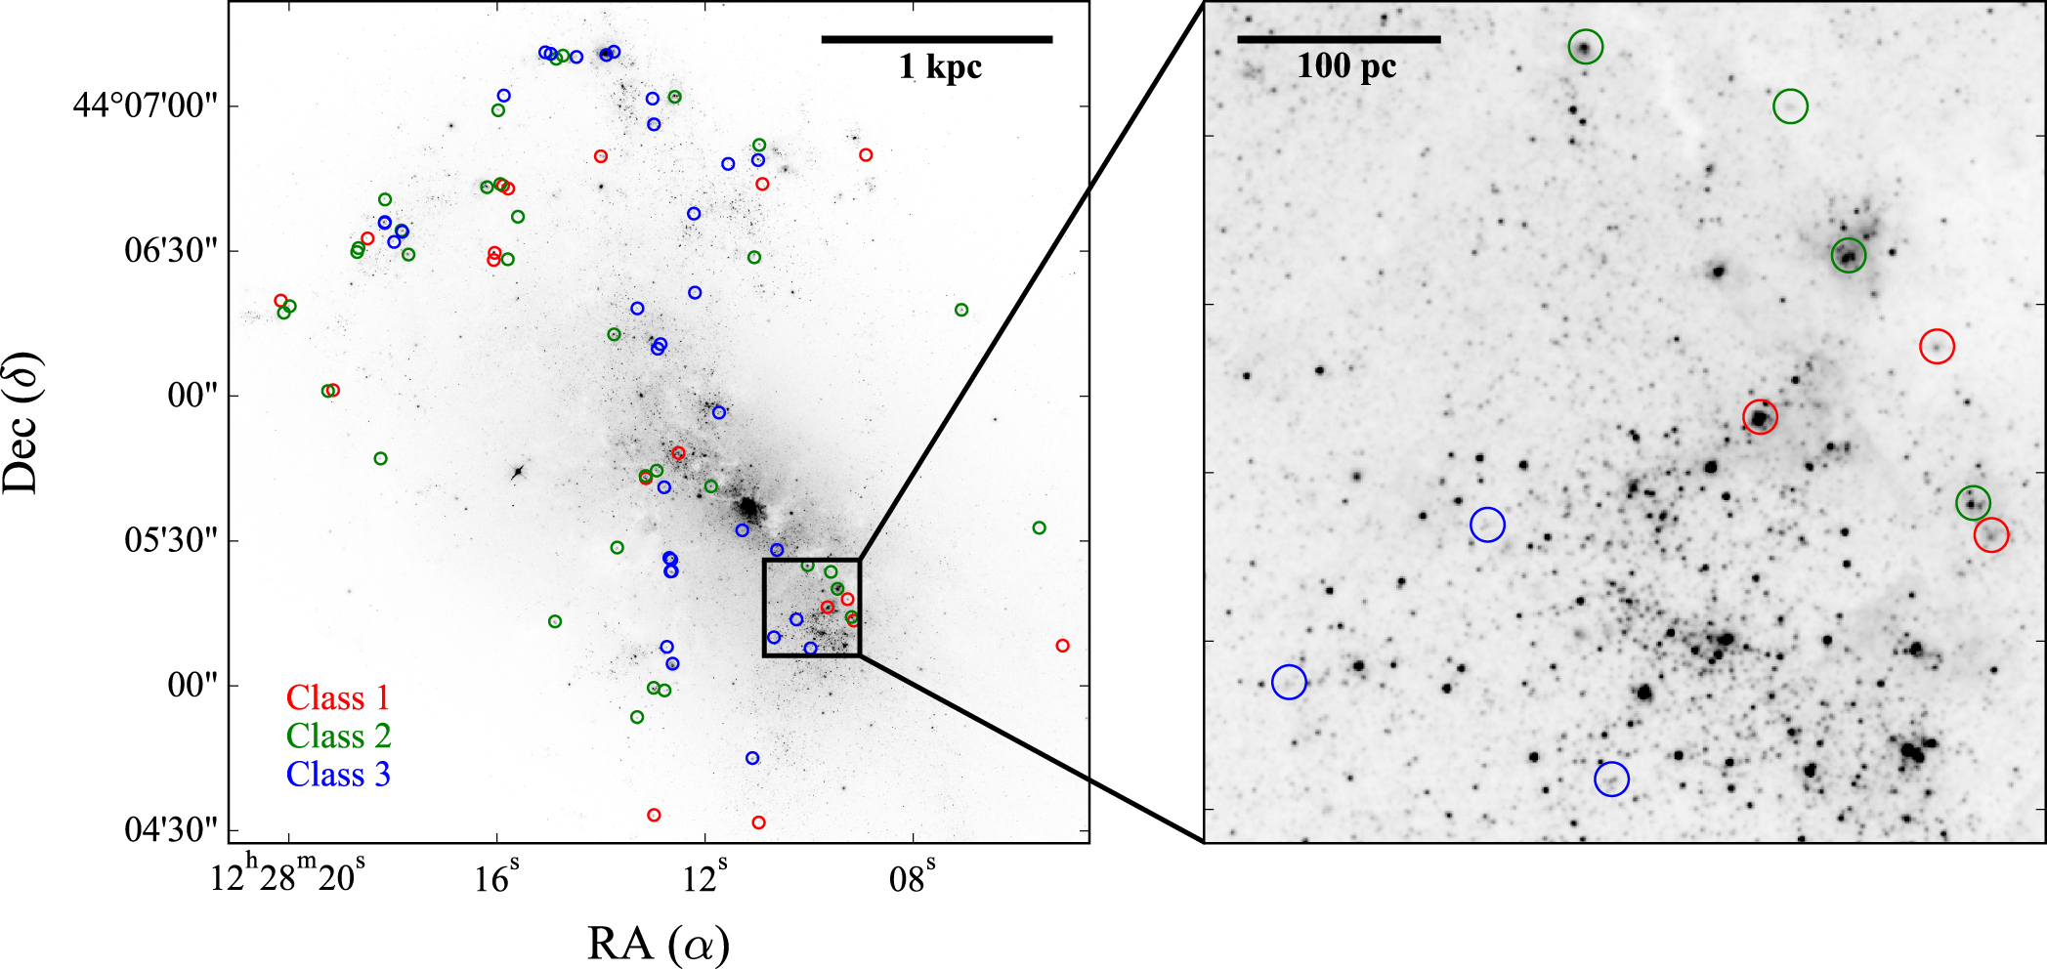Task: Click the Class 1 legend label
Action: point(337,697)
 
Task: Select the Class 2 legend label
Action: point(338,736)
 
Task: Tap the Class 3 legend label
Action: point(338,775)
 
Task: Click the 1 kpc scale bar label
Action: point(939,66)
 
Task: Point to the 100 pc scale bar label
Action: point(1345,65)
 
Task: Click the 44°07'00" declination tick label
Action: point(145,105)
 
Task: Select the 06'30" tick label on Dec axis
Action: point(171,250)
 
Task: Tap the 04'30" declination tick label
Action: point(171,829)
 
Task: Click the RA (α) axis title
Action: point(658,944)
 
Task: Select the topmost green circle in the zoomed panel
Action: point(1586,47)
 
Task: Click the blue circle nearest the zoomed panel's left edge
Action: point(1289,682)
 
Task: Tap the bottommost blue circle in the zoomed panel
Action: point(1611,779)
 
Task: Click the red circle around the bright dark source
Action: point(1760,417)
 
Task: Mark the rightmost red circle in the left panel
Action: point(1062,646)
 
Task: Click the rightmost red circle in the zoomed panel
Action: point(1990,534)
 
